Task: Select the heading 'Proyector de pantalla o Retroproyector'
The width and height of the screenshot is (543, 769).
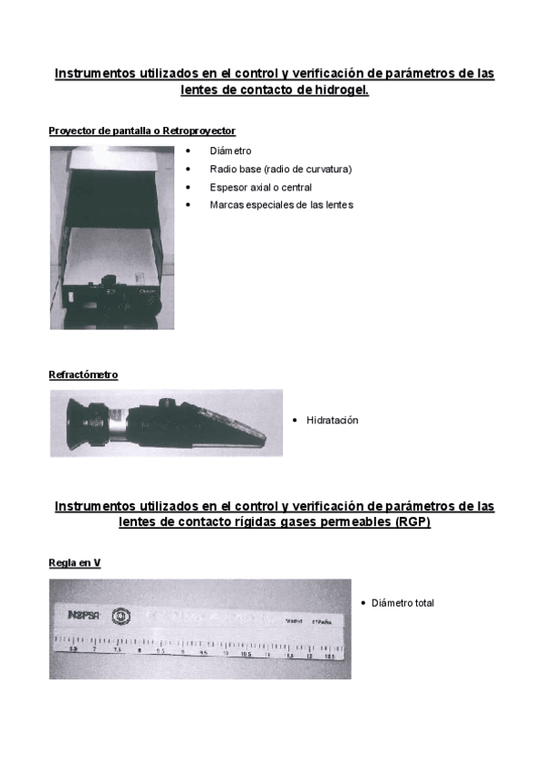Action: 141,131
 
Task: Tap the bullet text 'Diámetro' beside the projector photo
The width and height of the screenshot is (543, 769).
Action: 230,151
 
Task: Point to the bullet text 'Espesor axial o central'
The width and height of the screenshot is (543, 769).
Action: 260,187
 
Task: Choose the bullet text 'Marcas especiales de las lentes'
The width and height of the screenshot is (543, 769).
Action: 281,205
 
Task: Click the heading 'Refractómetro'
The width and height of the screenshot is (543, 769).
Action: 83,375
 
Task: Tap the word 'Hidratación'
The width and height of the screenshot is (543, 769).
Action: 333,421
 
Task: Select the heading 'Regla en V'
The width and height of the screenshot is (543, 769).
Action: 74,563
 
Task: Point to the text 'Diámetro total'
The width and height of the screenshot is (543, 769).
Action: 402,603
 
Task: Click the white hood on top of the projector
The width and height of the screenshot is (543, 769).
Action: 113,163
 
